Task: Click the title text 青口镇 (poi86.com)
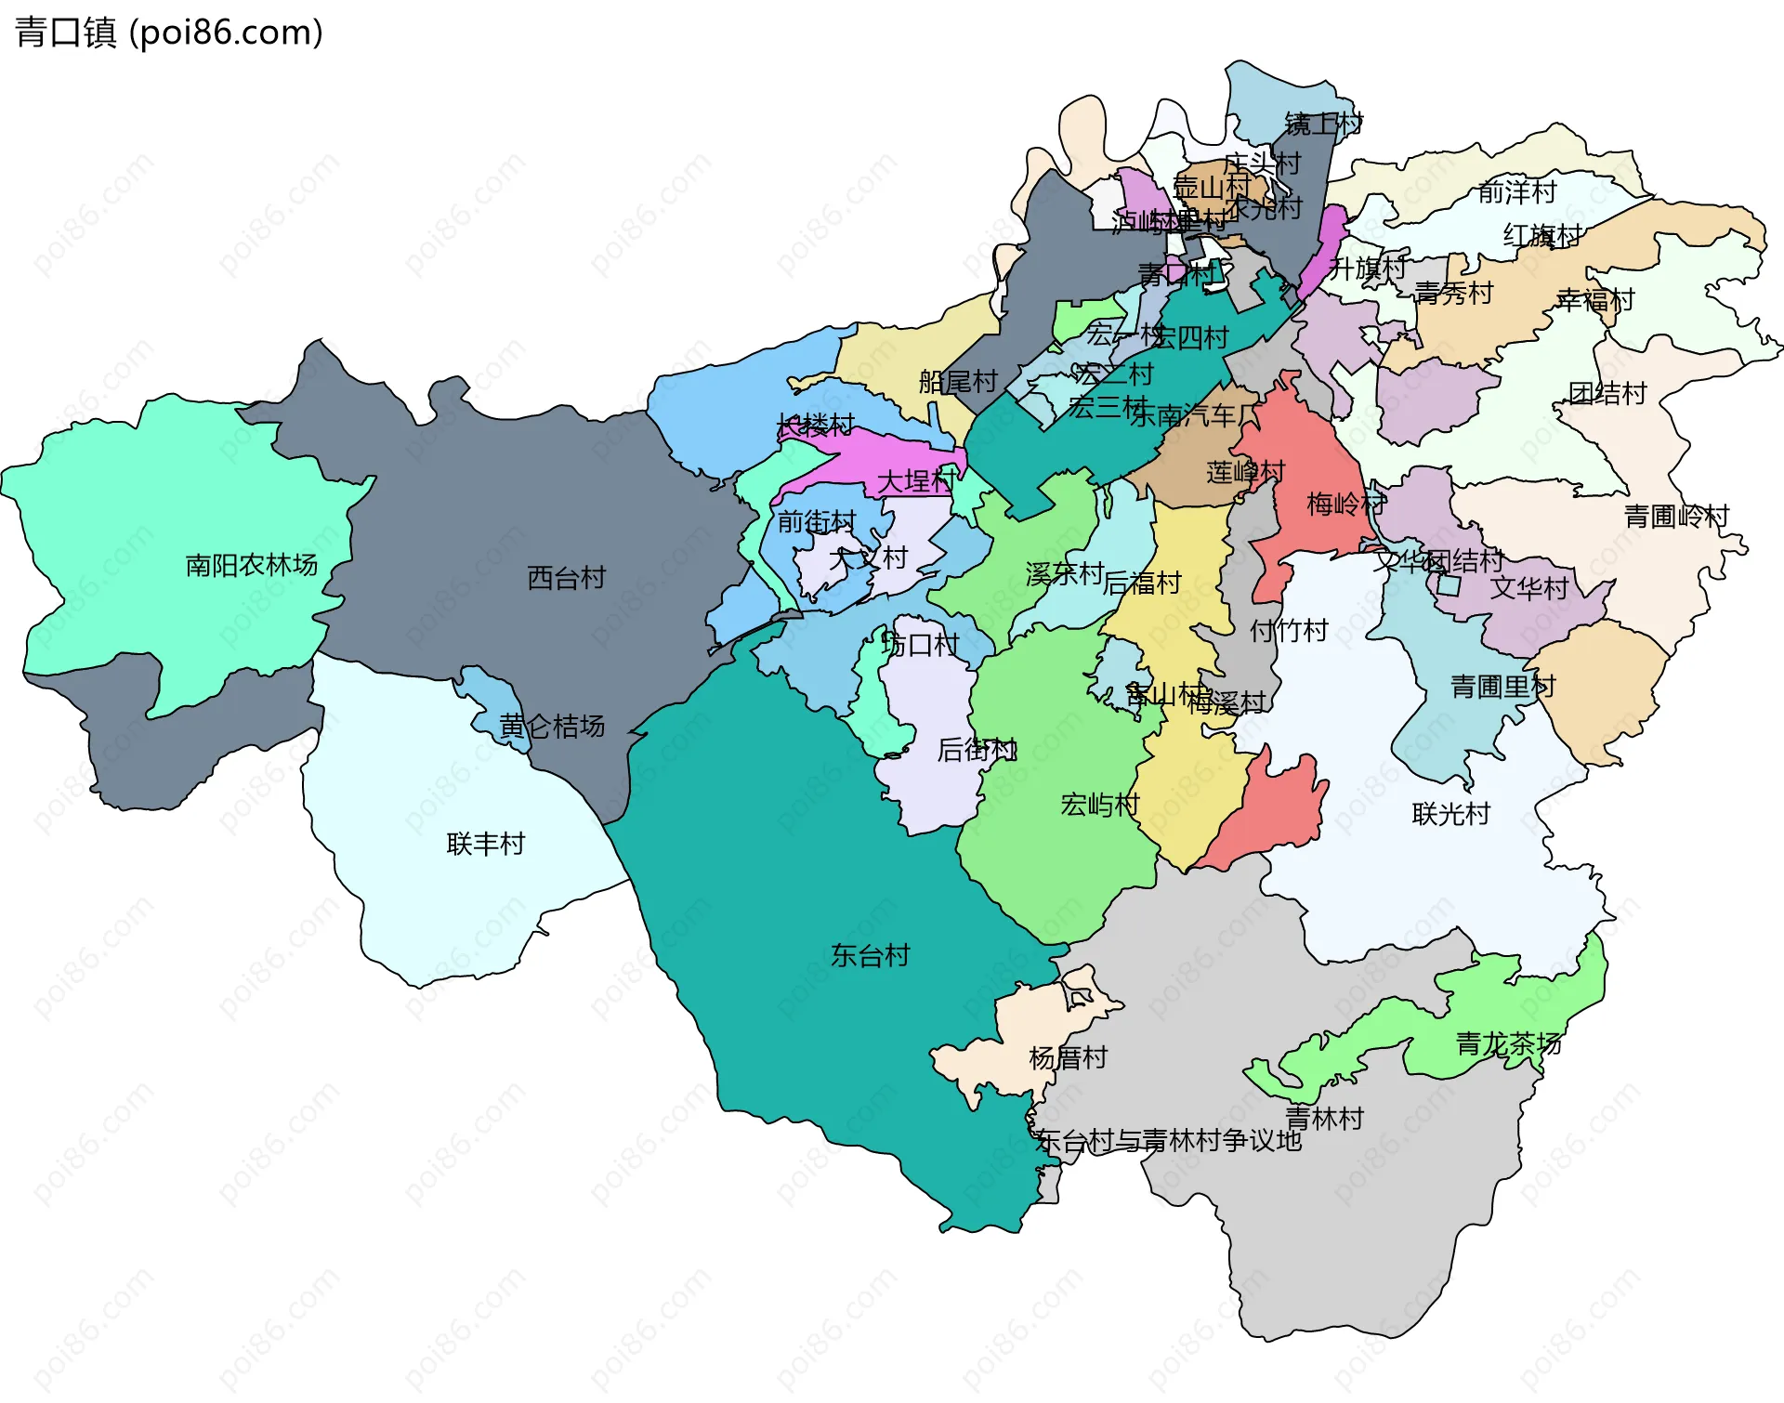pyautogui.click(x=169, y=33)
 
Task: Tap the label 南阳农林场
pyautogui.click(x=251, y=565)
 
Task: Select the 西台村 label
pyautogui.click(x=566, y=578)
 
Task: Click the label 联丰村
pyautogui.click(x=486, y=844)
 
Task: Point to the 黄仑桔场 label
pyautogui.click(x=552, y=726)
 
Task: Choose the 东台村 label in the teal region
pyautogui.click(x=870, y=955)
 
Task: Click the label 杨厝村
pyautogui.click(x=1068, y=1057)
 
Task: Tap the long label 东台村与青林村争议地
pyautogui.click(x=1168, y=1140)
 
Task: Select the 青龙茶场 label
pyautogui.click(x=1508, y=1043)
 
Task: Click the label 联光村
pyautogui.click(x=1450, y=814)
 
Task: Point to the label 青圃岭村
pyautogui.click(x=1676, y=516)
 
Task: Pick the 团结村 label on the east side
pyautogui.click(x=1607, y=393)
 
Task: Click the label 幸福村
pyautogui.click(x=1594, y=300)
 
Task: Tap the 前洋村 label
pyautogui.click(x=1517, y=192)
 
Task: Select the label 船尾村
pyautogui.click(x=957, y=381)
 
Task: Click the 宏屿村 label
pyautogui.click(x=1099, y=805)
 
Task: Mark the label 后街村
pyautogui.click(x=977, y=749)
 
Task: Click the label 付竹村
pyautogui.click(x=1288, y=631)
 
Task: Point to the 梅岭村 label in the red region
pyautogui.click(x=1345, y=504)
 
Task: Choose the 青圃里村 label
pyautogui.click(x=1502, y=687)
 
